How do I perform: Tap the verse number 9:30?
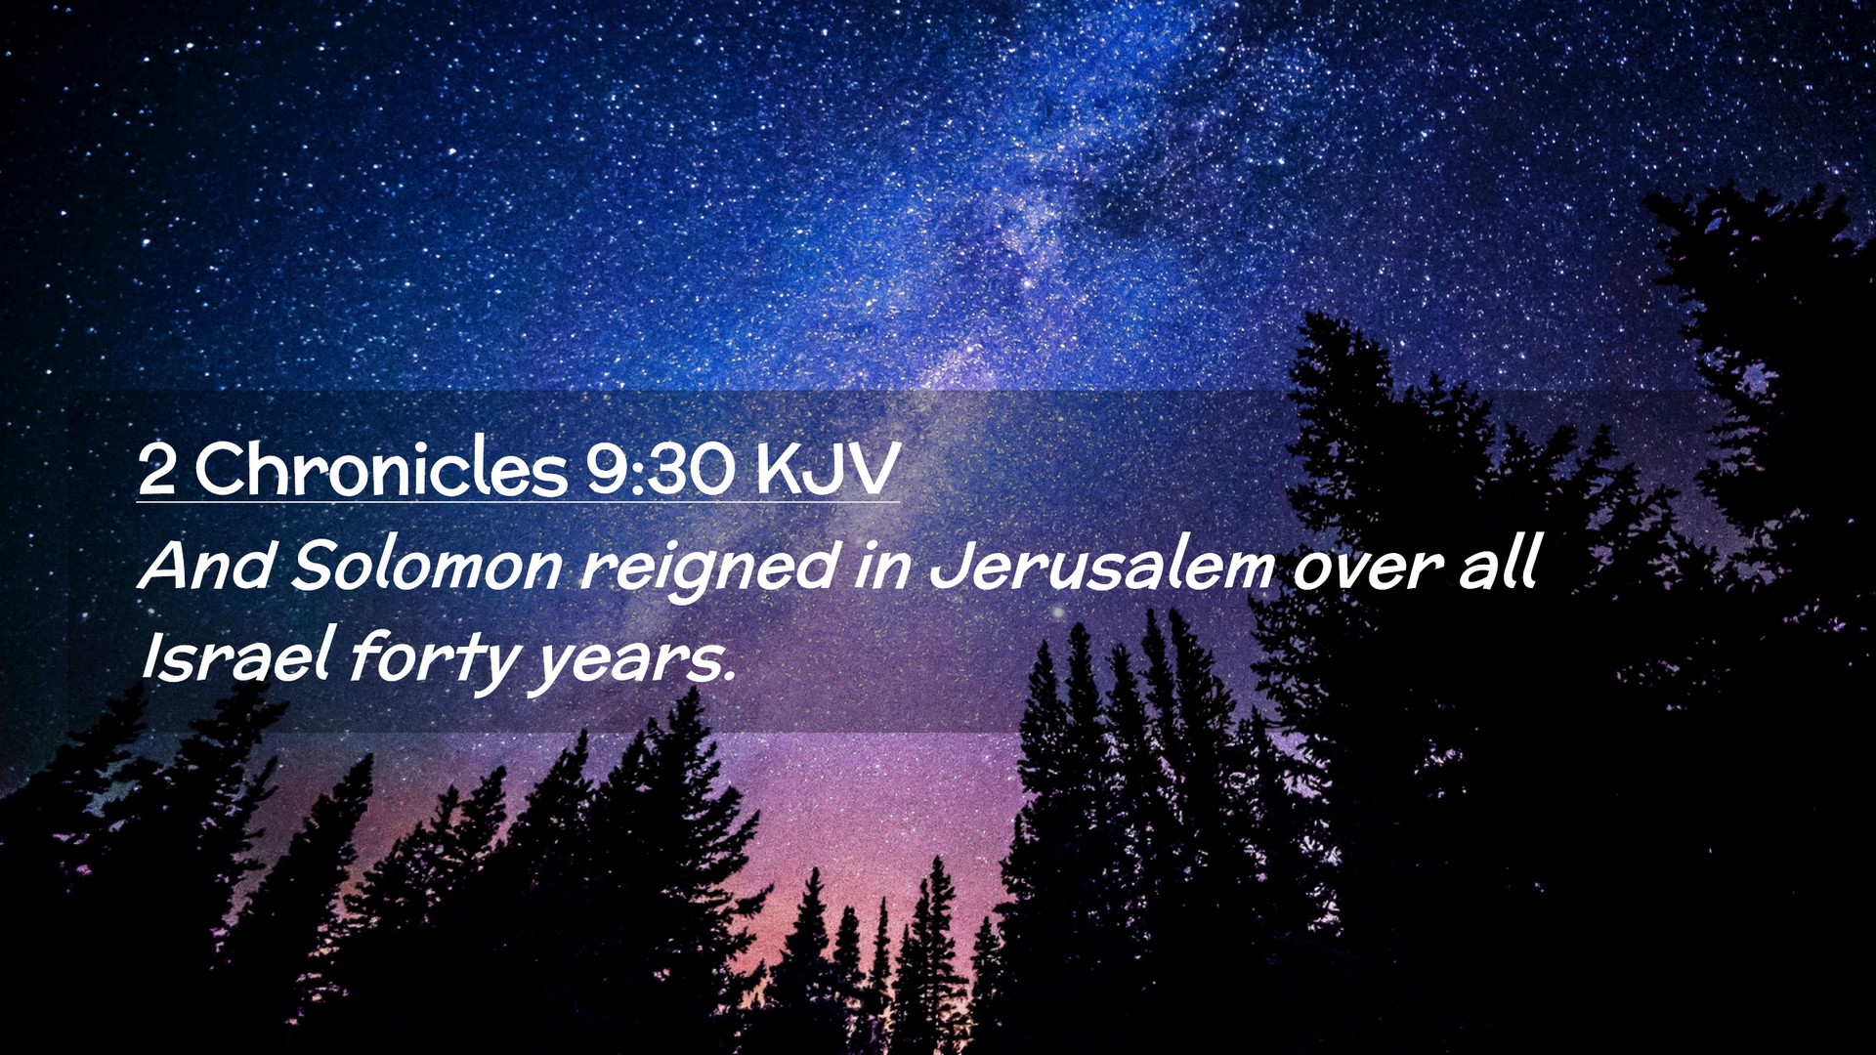point(660,469)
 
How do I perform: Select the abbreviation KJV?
point(828,469)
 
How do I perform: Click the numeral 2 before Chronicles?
point(157,469)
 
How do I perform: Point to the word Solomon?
point(427,565)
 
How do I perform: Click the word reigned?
point(708,569)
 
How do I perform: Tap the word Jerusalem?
point(1102,565)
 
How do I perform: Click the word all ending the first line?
point(1499,563)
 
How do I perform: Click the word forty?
point(434,660)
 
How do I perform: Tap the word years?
point(625,664)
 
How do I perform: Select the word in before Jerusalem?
point(883,567)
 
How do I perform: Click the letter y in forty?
point(496,667)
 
